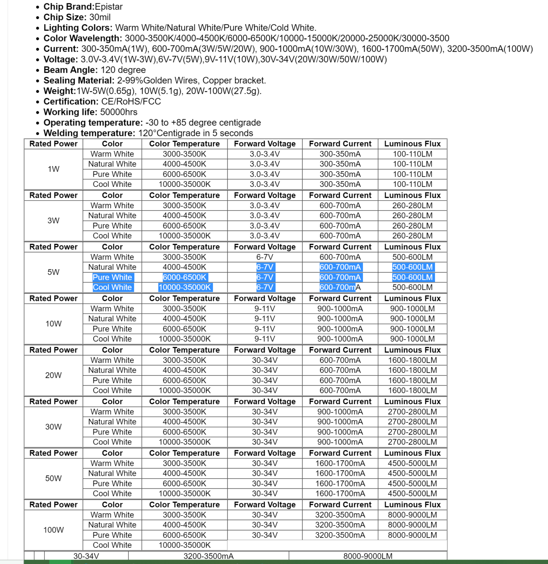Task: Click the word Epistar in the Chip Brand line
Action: tap(108, 7)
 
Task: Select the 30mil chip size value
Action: tap(100, 17)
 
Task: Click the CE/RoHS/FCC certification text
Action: tap(131, 102)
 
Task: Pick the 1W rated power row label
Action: tap(54, 169)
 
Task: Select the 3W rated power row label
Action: tap(54, 221)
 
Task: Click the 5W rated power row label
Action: tap(54, 272)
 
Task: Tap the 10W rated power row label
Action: tap(54, 324)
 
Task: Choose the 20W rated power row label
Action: tap(54, 375)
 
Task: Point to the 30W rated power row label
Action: tap(54, 427)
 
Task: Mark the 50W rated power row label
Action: tap(54, 478)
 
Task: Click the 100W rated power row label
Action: tap(54, 530)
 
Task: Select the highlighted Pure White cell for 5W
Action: tap(112, 278)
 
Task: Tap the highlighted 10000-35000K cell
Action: tap(185, 288)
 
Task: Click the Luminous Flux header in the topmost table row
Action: tap(413, 144)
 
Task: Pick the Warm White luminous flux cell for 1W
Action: tap(413, 154)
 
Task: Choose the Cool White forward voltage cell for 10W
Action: tap(265, 339)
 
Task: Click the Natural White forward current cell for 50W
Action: tap(340, 474)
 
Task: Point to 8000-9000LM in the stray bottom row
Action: tap(368, 556)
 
